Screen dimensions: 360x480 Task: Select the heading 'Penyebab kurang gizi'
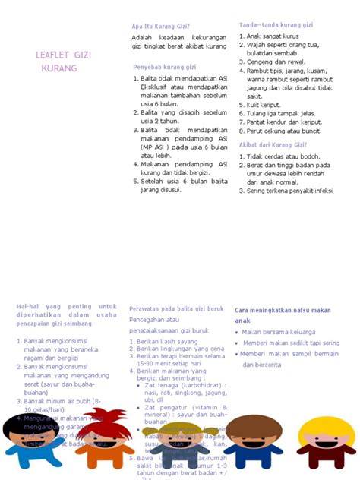[165, 67]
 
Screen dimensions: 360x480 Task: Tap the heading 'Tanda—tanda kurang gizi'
[276, 25]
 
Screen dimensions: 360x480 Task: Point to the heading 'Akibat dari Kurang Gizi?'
[273, 144]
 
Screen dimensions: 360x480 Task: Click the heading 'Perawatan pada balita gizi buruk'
[176, 309]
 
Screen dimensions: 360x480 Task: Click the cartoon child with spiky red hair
[103, 438]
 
